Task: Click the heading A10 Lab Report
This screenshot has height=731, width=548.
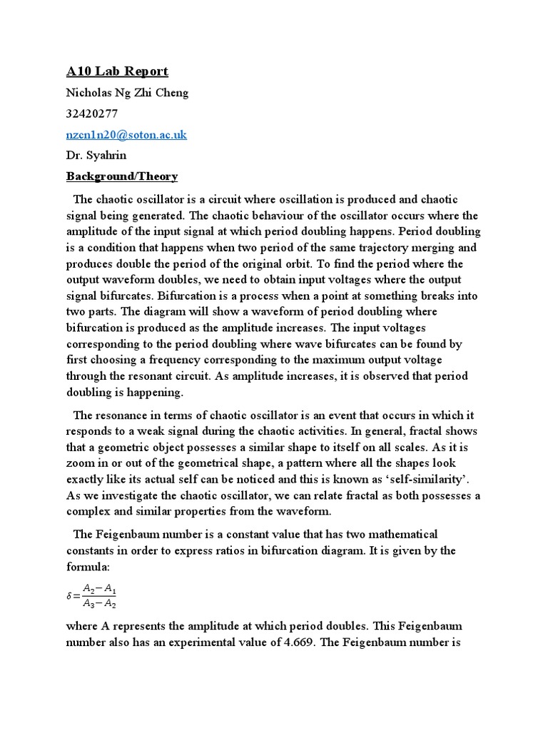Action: [117, 71]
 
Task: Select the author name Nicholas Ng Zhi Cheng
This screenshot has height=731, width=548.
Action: [127, 93]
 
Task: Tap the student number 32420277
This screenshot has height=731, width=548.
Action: [92, 114]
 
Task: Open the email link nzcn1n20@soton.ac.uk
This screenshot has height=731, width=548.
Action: [126, 134]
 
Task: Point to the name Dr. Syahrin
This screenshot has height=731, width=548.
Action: [96, 155]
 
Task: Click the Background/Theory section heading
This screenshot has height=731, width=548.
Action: [122, 176]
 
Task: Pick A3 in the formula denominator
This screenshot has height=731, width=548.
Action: [89, 604]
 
